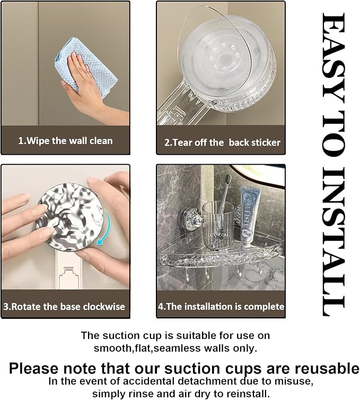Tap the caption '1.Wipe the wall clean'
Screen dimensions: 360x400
click(x=65, y=141)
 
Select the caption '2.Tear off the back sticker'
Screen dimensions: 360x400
click(x=222, y=143)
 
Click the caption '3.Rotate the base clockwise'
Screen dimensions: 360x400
click(x=64, y=306)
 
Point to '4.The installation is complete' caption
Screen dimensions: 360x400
click(x=221, y=306)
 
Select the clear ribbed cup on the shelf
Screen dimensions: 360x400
click(x=218, y=225)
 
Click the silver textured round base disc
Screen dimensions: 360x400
click(x=69, y=217)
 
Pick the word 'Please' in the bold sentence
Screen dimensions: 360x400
click(x=34, y=368)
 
